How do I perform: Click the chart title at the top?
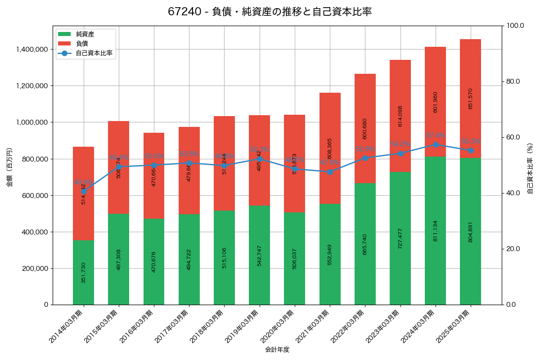(270, 12)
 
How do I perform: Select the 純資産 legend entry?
(85, 34)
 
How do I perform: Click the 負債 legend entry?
(82, 44)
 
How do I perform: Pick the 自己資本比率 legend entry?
(94, 53)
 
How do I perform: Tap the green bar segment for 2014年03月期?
(83, 272)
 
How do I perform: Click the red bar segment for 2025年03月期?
(470, 99)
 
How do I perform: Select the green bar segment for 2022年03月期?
(365, 244)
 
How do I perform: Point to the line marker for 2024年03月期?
(435, 144)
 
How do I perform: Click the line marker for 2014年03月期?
(83, 191)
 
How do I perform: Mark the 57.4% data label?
(435, 135)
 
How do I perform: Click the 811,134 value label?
(435, 231)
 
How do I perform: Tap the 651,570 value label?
(470, 99)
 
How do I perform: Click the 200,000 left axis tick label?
(35, 269)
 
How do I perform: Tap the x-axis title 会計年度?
(277, 349)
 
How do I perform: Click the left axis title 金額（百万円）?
(9, 167)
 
